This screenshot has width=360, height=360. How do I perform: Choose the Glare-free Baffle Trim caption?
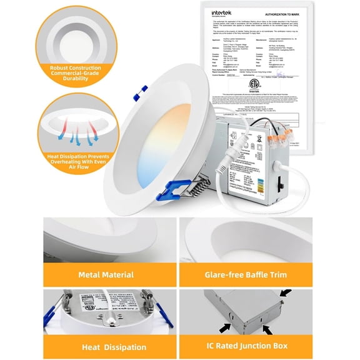(269, 274)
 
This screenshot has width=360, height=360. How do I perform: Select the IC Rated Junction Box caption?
(269, 346)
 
